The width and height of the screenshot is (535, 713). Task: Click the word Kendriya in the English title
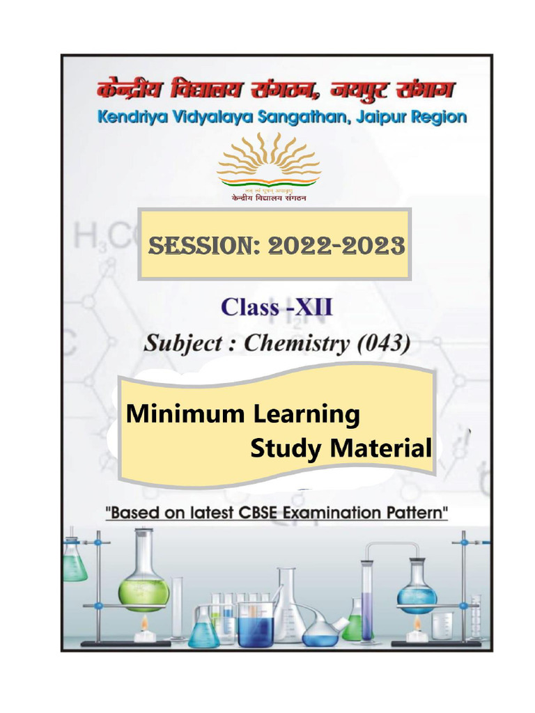click(x=130, y=116)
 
